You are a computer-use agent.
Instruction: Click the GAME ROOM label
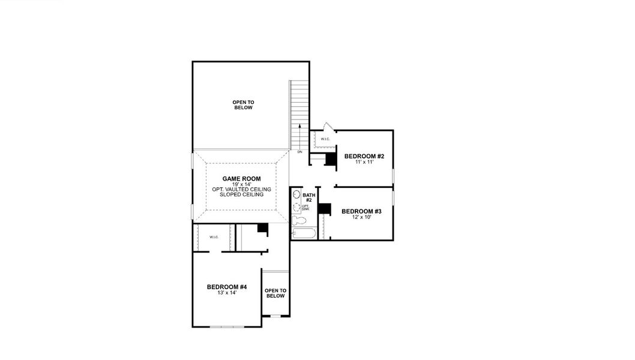[241, 178]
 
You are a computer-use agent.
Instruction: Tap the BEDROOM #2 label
[364, 157]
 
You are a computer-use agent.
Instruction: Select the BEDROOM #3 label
[361, 211]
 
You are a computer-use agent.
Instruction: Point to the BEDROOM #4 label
[227, 287]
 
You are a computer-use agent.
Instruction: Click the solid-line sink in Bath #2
[296, 195]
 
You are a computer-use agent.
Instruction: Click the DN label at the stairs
[299, 152]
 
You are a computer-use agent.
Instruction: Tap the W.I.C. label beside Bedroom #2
[325, 139]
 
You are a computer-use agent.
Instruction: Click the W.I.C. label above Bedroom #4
[214, 237]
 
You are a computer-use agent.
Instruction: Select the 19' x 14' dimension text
[241, 184]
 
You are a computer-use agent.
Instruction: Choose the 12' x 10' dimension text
[361, 217]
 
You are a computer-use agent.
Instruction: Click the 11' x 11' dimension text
[364, 163]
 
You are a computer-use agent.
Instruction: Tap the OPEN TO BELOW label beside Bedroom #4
[275, 293]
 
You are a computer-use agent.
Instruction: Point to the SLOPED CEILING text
[241, 194]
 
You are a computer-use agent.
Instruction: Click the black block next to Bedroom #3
[325, 209]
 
